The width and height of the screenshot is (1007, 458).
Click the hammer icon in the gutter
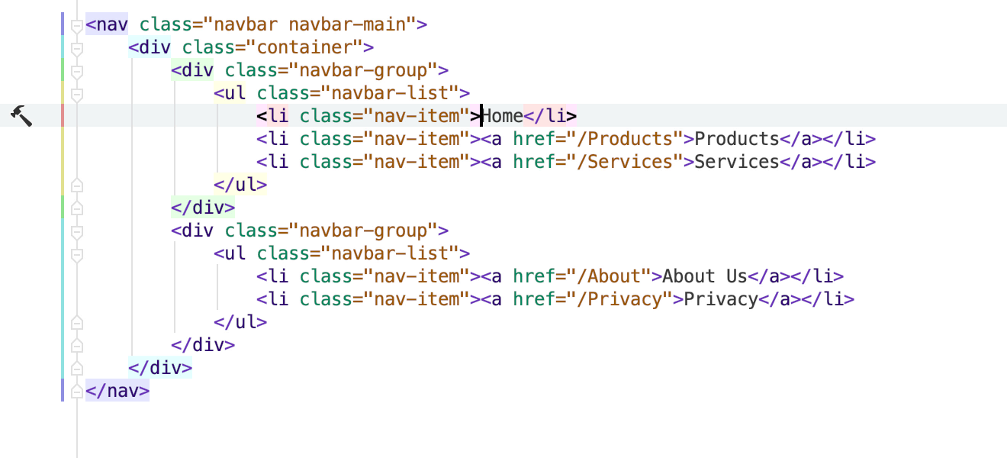coord(21,116)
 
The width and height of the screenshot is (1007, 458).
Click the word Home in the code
coord(502,116)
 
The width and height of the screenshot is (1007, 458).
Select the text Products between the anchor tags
coord(736,139)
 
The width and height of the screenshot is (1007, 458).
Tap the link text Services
coord(736,162)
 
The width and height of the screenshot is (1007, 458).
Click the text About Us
coord(704,276)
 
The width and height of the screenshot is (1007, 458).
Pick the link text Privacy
coord(721,299)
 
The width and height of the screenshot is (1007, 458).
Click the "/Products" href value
coord(626,139)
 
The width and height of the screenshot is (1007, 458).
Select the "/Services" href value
coord(626,162)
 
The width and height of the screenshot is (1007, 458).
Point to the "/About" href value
coord(609,276)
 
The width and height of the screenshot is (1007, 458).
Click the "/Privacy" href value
coord(620,299)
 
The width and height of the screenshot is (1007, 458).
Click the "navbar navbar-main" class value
coord(309,24)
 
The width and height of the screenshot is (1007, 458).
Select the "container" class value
coord(304,47)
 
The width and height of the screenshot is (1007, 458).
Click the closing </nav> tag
coord(117,391)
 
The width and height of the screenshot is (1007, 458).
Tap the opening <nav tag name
coord(107,24)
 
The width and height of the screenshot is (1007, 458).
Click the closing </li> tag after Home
coord(550,116)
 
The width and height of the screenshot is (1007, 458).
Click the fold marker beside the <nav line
coord(77,25)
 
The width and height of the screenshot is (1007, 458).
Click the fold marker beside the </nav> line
coord(77,392)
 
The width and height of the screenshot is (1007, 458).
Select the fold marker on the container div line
coord(77,48)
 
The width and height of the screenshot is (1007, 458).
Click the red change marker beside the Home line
coord(63,115)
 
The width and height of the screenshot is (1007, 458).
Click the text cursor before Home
coord(481,115)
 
